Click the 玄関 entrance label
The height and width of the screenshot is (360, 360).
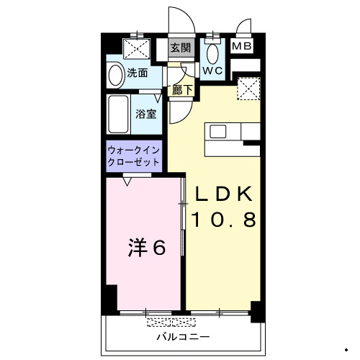coord(180,49)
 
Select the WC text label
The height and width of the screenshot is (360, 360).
coord(212,71)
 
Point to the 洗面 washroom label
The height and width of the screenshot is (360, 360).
coord(138,73)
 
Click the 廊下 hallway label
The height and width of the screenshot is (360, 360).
coord(183,91)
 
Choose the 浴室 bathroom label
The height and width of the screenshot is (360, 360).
coord(147,113)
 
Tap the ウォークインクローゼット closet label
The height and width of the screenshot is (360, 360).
coord(134,156)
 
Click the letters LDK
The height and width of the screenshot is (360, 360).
coord(223,194)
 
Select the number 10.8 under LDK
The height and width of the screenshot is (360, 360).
coord(223,220)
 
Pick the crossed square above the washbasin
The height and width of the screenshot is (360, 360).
coord(137,48)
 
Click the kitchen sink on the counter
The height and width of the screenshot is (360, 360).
coord(217,132)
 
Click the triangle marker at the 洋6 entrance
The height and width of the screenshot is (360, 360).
coord(127,183)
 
